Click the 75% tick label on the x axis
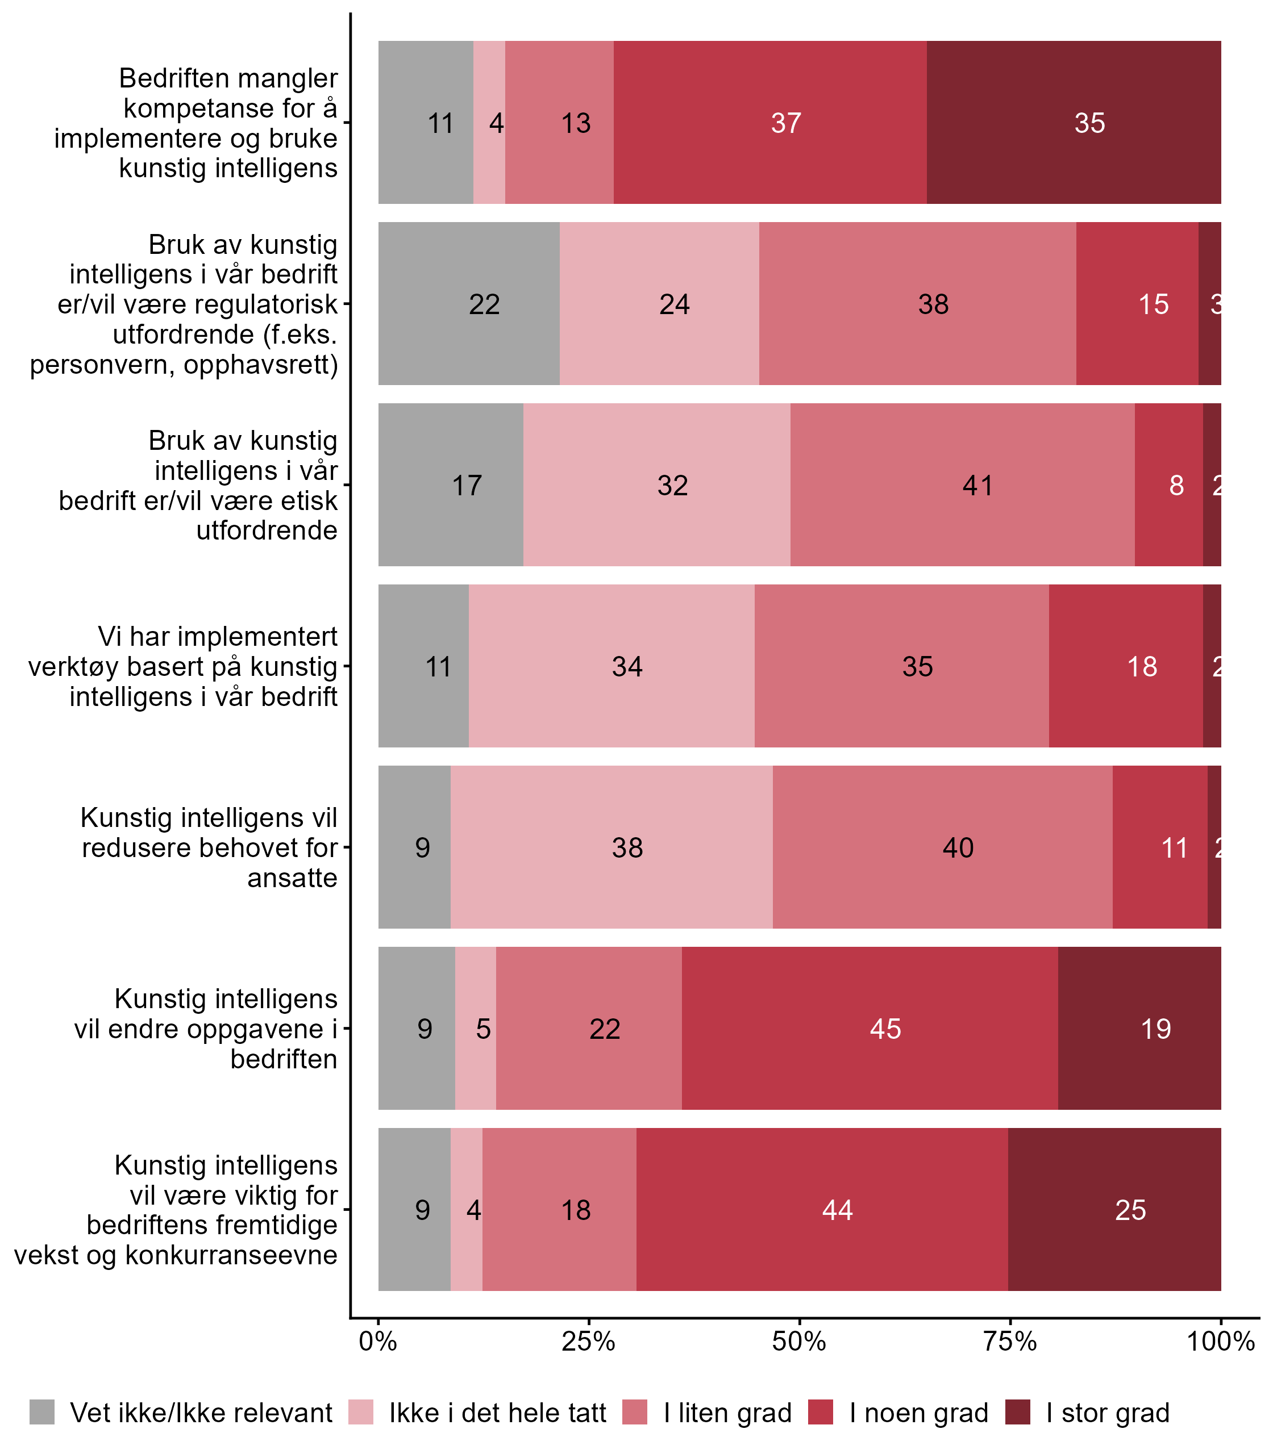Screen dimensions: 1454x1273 (1009, 1341)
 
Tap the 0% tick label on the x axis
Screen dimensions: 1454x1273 (378, 1341)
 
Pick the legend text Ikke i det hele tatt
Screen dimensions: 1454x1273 (497, 1413)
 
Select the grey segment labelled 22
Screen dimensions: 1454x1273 (469, 304)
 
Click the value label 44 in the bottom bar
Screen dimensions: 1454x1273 (838, 1210)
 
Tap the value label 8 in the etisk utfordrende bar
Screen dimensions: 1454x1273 (1176, 486)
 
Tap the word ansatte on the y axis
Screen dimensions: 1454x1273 (292, 878)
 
